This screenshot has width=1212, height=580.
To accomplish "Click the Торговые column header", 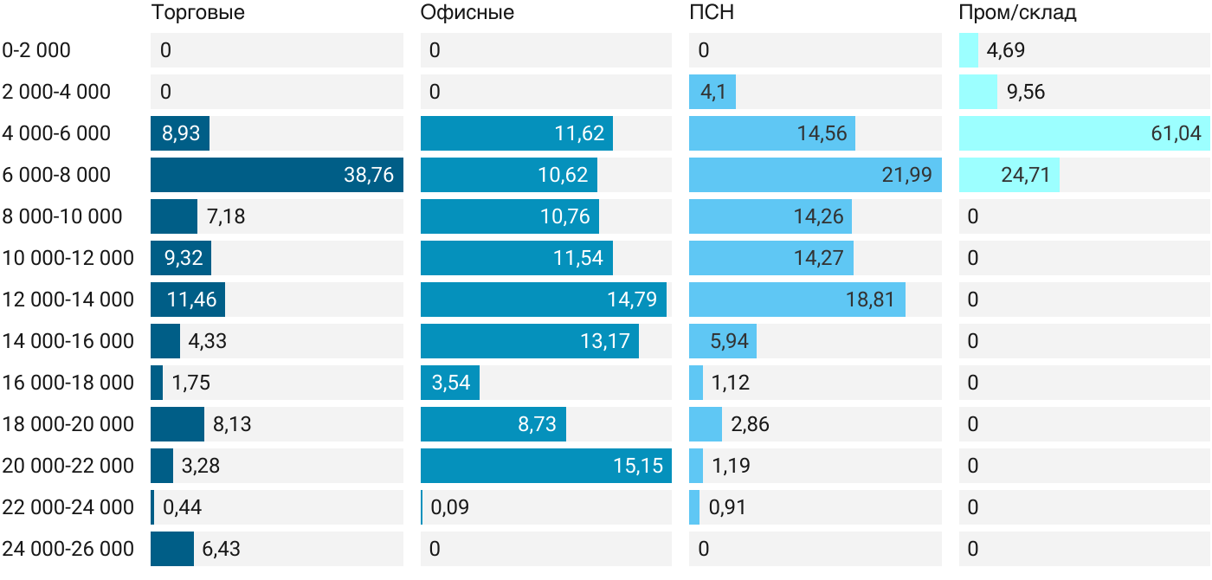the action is tap(197, 13).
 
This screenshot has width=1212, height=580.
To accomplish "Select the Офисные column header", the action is tap(467, 13).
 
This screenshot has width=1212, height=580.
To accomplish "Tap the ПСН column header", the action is tap(712, 12).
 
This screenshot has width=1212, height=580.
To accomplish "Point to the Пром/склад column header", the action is tap(1017, 13).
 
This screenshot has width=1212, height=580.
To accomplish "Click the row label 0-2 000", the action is tap(36, 50).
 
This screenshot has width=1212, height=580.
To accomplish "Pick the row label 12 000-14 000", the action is tap(68, 300).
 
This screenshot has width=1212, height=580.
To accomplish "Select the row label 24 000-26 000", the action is tap(68, 549).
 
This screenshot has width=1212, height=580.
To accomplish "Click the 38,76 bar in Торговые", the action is tap(277, 175).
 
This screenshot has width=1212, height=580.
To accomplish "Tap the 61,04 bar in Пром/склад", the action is tap(1084, 133).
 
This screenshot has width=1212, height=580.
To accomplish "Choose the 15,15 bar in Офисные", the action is tap(546, 466).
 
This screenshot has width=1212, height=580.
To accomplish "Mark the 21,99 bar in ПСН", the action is tap(816, 175).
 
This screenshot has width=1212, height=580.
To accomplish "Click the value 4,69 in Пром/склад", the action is tap(1005, 50).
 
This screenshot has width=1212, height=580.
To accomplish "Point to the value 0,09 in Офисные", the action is tap(449, 507).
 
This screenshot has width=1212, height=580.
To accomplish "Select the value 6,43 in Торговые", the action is tap(221, 549).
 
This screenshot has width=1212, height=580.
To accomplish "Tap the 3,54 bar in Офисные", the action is tap(450, 383).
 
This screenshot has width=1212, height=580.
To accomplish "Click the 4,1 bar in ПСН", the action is tap(712, 92).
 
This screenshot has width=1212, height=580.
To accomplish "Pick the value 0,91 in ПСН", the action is tap(727, 507).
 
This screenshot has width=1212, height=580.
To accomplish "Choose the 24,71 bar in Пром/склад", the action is tap(1009, 175).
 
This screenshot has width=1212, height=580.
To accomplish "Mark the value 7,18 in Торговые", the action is tap(226, 216).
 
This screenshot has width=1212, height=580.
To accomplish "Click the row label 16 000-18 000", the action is tap(68, 383).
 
